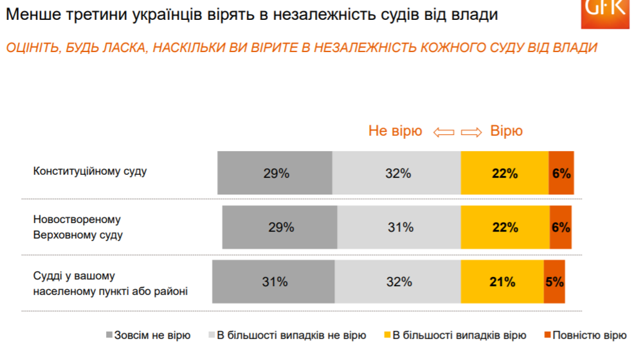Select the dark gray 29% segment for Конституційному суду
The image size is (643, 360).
point(275,173)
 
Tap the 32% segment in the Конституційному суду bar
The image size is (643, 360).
point(397,173)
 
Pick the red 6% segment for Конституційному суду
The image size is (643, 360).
point(561,173)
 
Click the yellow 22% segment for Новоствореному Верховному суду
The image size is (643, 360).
point(505,227)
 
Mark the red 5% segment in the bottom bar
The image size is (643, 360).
point(554,282)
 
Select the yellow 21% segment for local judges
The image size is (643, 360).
point(502,282)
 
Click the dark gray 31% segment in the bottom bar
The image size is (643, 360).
point(273,282)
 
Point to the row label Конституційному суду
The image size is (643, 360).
point(90,172)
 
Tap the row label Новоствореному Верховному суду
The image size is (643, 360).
point(78,227)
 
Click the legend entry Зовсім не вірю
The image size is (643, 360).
point(148,335)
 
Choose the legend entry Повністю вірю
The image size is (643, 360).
point(586,335)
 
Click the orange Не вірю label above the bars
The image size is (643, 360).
point(395,131)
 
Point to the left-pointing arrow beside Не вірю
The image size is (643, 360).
point(444,132)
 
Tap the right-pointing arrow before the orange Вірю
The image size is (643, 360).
point(471,132)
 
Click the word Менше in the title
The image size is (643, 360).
point(30,15)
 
